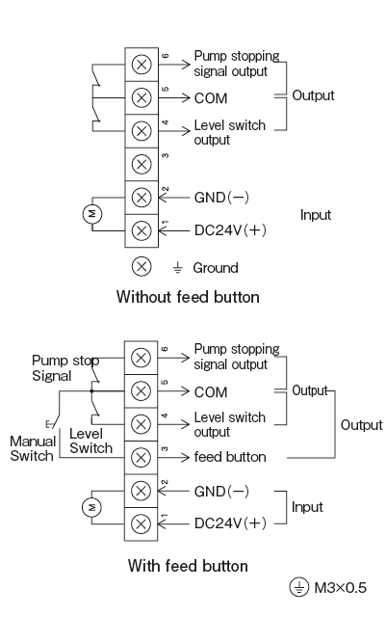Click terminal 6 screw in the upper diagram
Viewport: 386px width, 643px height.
[x=142, y=65]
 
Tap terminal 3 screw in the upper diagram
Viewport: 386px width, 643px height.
[x=142, y=165]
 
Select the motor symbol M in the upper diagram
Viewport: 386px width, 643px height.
[x=93, y=214]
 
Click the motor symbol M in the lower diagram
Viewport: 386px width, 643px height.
[x=91, y=507]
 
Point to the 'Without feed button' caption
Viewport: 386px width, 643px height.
[x=188, y=297]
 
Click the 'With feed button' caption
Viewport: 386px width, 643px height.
[x=188, y=566]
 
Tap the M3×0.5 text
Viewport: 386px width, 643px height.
[x=340, y=588]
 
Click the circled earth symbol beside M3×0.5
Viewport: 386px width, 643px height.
[x=299, y=587]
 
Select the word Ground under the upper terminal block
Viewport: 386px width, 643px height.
[x=216, y=268]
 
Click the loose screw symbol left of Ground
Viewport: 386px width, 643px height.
[x=142, y=266]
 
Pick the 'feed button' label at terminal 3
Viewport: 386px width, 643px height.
[x=230, y=457]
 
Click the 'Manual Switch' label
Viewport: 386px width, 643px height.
[x=33, y=448]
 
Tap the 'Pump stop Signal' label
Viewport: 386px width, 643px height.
[x=65, y=368]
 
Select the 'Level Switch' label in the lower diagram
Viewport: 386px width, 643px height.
[x=90, y=441]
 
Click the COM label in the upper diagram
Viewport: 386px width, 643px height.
[x=211, y=98]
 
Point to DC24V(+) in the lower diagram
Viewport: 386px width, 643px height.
[x=230, y=523]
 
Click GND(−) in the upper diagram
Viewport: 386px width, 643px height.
[x=221, y=198]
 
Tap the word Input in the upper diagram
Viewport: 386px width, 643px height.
[x=315, y=215]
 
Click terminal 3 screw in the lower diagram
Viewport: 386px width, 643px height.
[x=141, y=457]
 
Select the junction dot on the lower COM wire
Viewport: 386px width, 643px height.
[x=91, y=391]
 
